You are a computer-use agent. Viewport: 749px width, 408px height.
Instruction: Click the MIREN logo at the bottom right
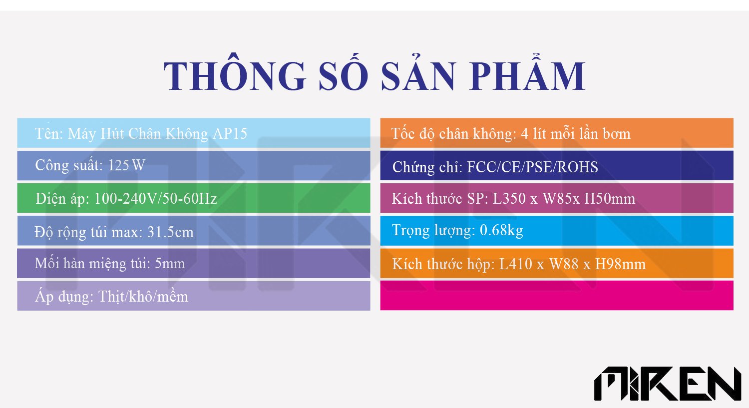pyautogui.click(x=668, y=384)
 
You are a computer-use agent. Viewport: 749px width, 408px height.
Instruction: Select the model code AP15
pyautogui.click(x=230, y=134)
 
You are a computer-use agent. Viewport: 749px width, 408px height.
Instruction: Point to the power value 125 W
pyautogui.click(x=127, y=165)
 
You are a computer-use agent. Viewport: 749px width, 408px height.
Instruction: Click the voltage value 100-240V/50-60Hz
pyautogui.click(x=156, y=199)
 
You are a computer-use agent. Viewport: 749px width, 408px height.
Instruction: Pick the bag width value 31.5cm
pyautogui.click(x=171, y=232)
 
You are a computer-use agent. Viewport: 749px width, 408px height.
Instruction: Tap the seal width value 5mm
pyautogui.click(x=170, y=264)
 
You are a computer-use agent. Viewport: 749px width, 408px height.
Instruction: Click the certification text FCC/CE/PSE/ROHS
pyautogui.click(x=532, y=167)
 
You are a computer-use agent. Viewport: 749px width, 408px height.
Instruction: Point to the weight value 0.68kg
pyautogui.click(x=501, y=230)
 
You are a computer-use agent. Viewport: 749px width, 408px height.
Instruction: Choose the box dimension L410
pyautogui.click(x=516, y=264)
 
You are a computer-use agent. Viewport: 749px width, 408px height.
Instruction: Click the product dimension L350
pyautogui.click(x=509, y=199)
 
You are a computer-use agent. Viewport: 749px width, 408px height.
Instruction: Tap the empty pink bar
pyautogui.click(x=557, y=295)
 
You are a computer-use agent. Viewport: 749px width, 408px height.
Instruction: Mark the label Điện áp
pyautogui.click(x=62, y=199)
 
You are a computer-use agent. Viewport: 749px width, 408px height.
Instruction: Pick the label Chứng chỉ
pyautogui.click(x=427, y=167)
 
